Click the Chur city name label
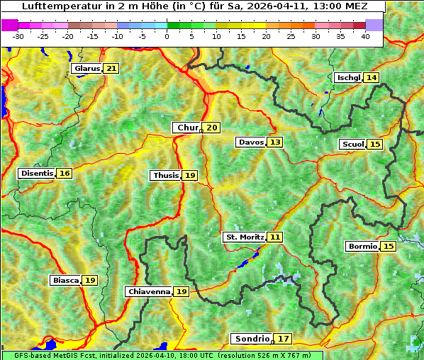[187, 128]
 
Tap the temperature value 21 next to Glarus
[111, 69]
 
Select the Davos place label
[250, 142]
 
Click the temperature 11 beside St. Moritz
[274, 237]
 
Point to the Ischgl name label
[347, 77]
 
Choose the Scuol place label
[352, 144]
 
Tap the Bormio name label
[362, 246]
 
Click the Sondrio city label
[251, 339]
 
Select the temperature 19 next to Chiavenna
[182, 291]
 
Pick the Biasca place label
[65, 280]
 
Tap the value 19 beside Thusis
[189, 175]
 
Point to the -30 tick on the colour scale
[18, 36]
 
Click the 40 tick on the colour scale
[365, 36]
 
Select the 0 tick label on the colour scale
[167, 36]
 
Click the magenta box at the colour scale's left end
[10, 25]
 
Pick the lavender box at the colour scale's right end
[374, 25]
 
